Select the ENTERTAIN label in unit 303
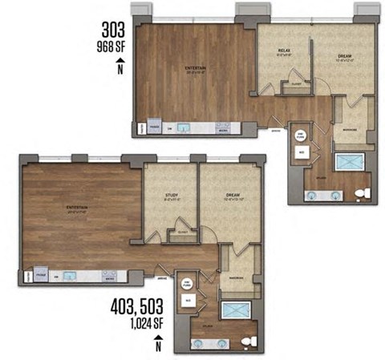[196, 70]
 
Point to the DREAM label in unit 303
[344, 53]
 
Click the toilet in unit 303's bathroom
[365, 193]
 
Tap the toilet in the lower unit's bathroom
[254, 342]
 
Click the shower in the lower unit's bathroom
[237, 311]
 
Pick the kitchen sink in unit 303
[183, 127]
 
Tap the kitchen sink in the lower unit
[69, 276]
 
